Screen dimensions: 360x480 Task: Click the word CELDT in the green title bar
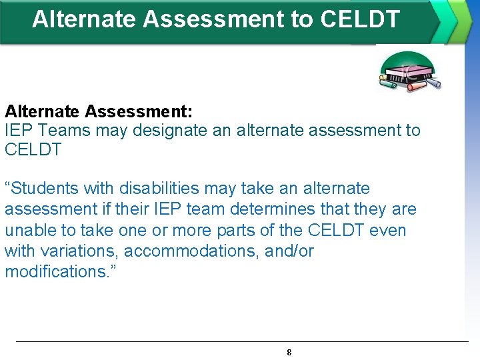coord(360,19)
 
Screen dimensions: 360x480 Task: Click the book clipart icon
coord(409,72)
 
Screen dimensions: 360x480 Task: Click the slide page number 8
coord(289,352)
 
